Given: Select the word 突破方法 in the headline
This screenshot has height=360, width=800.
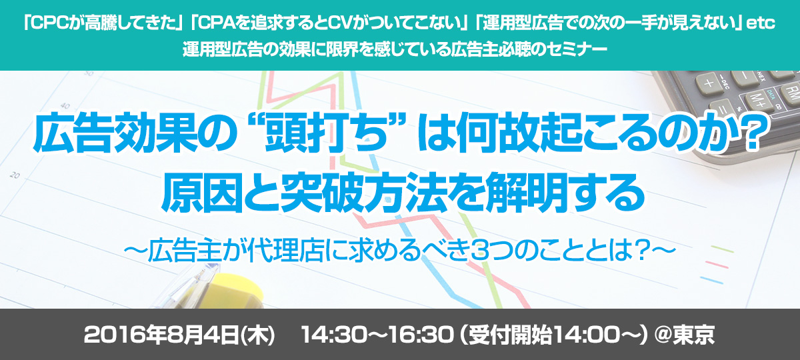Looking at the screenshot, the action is [x=364, y=192].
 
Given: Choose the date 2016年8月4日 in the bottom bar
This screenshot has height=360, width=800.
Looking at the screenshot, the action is [x=161, y=335].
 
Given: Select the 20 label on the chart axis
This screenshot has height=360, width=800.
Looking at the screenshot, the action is [x=14, y=175].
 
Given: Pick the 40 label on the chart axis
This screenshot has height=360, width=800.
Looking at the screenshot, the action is [x=65, y=106].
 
